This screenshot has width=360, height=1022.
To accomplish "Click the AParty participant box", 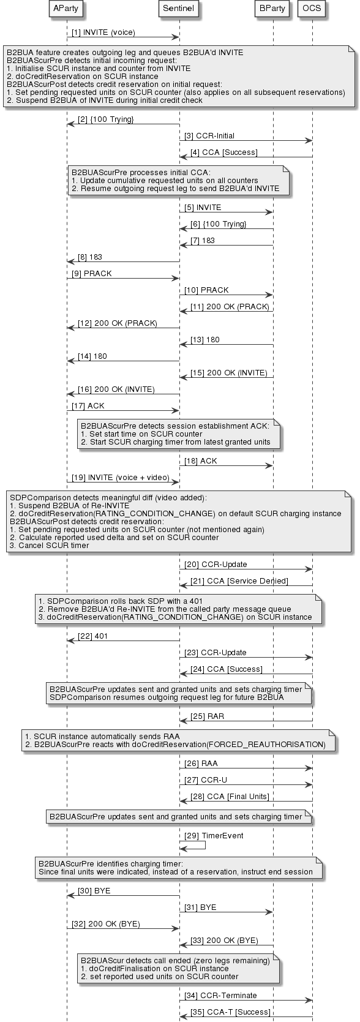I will point(67,9).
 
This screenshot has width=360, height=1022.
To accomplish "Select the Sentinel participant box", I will point(179,9).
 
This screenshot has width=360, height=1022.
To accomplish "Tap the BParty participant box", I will point(272,9).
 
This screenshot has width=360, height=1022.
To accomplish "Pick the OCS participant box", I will point(312,9).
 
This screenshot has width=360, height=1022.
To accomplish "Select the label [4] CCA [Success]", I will point(223,152).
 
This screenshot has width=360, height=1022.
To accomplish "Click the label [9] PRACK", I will point(91,274).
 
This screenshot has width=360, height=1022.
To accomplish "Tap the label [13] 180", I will point(204,340).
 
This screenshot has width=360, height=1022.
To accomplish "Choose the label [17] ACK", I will point(88,406).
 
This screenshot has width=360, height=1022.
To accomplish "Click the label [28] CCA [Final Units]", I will point(225,796).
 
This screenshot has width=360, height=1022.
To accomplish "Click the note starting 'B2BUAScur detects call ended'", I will point(178,968).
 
